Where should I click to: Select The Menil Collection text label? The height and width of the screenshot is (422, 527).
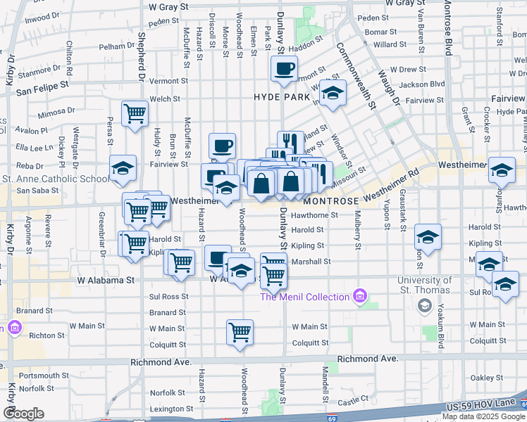tap(305, 297)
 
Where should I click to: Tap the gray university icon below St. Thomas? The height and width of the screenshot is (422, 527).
tap(424, 305)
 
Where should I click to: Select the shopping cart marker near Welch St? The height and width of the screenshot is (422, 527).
tap(135, 113)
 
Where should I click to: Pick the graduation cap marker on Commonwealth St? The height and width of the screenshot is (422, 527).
tap(333, 93)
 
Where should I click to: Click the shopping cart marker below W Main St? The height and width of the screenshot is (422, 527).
tap(240, 331)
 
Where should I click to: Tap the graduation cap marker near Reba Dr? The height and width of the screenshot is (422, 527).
tap(123, 169)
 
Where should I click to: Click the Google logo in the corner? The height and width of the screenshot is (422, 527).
tap(23, 414)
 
